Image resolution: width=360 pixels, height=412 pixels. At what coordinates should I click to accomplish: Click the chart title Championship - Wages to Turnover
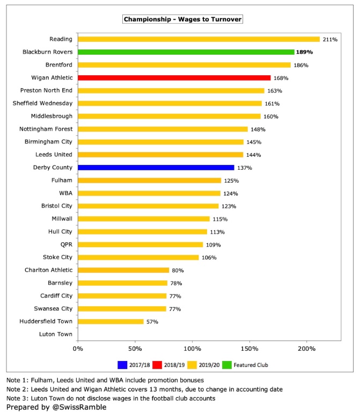click(183, 19)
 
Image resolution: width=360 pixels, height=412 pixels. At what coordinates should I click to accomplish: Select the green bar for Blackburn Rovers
click(186, 52)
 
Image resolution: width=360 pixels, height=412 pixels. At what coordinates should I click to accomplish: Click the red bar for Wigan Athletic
click(174, 78)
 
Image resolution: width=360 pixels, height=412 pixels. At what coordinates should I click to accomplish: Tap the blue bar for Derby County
click(156, 168)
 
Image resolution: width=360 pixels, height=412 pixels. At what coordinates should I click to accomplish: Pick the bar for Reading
click(199, 39)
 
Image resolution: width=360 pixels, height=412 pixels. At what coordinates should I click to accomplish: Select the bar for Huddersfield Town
click(111, 321)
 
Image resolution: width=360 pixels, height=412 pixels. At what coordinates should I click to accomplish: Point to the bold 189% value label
click(304, 52)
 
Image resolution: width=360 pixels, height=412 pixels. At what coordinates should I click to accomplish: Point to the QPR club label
click(65, 244)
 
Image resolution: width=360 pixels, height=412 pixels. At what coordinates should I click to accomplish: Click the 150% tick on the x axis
click(249, 350)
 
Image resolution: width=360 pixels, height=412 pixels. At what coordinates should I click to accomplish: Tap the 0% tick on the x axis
click(78, 350)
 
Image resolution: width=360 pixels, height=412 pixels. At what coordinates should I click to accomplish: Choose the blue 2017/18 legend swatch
click(121, 364)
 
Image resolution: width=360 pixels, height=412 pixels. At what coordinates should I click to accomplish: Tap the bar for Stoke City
click(138, 257)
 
